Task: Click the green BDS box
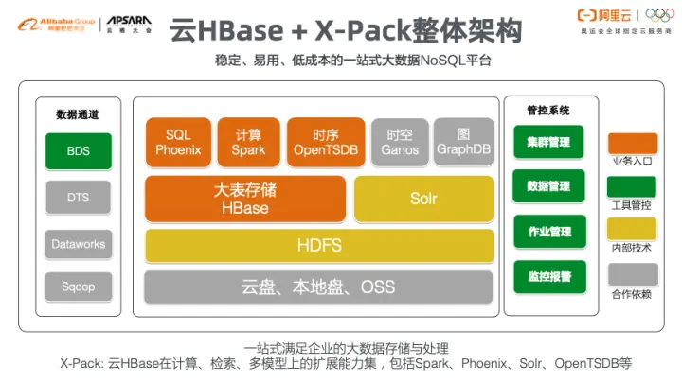tap(78, 151)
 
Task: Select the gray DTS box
tap(78, 198)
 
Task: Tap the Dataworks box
tap(78, 244)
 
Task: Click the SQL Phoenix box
tap(178, 143)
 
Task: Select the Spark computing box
tap(249, 143)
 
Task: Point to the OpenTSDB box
tap(324, 143)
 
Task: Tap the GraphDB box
tap(463, 143)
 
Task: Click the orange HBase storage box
tap(243, 199)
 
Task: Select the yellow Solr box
tap(423, 199)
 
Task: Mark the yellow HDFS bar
tap(318, 246)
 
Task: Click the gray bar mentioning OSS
tap(318, 286)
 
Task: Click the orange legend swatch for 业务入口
tap(632, 144)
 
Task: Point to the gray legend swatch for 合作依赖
tap(632, 275)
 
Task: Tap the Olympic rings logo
tap(656, 16)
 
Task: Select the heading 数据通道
tap(77, 115)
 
